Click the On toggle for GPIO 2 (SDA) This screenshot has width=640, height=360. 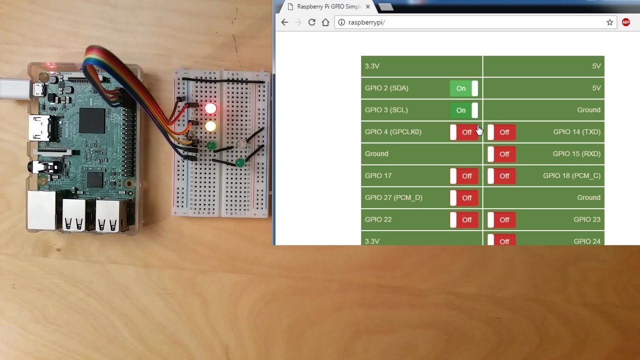point(463,88)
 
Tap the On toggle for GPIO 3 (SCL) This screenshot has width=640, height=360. point(463,110)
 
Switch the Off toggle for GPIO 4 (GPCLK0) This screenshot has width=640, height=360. point(463,132)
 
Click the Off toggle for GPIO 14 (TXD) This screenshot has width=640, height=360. point(501,132)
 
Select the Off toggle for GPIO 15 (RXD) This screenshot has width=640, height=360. point(501,154)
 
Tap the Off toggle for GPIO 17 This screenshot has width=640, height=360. point(463,176)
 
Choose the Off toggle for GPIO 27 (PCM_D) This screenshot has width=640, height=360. point(463,198)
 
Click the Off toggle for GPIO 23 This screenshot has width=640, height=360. point(501,220)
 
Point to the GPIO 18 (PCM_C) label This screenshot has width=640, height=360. point(571,176)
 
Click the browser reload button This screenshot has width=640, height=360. point(312,22)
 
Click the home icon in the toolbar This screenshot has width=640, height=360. point(325,22)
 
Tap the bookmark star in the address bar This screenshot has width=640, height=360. point(609,22)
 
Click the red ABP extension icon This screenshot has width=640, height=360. point(626,22)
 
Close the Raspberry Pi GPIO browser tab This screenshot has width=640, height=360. point(368,7)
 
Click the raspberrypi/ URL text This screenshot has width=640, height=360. point(366,22)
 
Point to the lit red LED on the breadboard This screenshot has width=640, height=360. point(210,108)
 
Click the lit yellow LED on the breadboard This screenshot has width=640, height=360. point(210,126)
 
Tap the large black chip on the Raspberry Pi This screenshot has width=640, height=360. point(92,120)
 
